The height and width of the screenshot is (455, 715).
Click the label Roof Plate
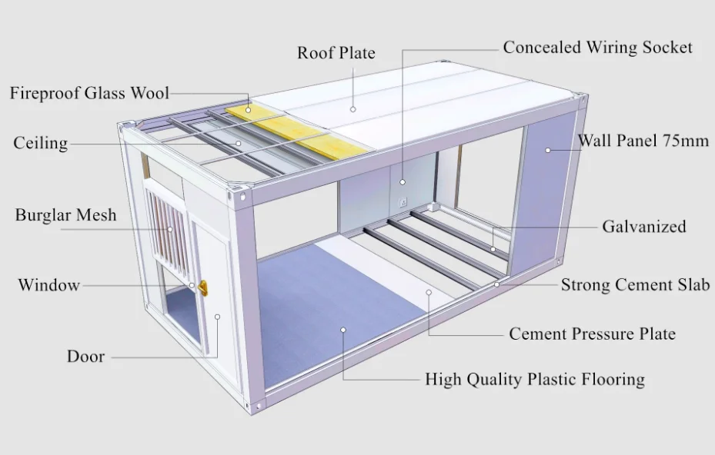(336, 53)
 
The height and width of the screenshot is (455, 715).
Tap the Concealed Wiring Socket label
(597, 48)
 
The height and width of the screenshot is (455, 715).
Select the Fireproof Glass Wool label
(89, 94)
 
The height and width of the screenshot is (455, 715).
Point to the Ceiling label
(40, 144)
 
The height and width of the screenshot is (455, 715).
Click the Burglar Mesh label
(66, 214)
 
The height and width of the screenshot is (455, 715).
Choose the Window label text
(48, 285)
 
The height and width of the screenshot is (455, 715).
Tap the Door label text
(85, 357)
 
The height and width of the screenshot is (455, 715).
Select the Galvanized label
(643, 227)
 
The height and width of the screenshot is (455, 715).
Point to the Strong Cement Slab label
(635, 285)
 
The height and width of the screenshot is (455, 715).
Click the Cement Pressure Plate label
(592, 334)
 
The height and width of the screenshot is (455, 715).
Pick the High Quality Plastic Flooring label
(535, 379)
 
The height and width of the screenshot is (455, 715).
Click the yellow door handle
(203, 288)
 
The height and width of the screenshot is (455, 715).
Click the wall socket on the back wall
(402, 203)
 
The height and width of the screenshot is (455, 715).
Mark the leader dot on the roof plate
(352, 108)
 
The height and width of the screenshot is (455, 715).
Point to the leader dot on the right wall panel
(548, 150)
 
